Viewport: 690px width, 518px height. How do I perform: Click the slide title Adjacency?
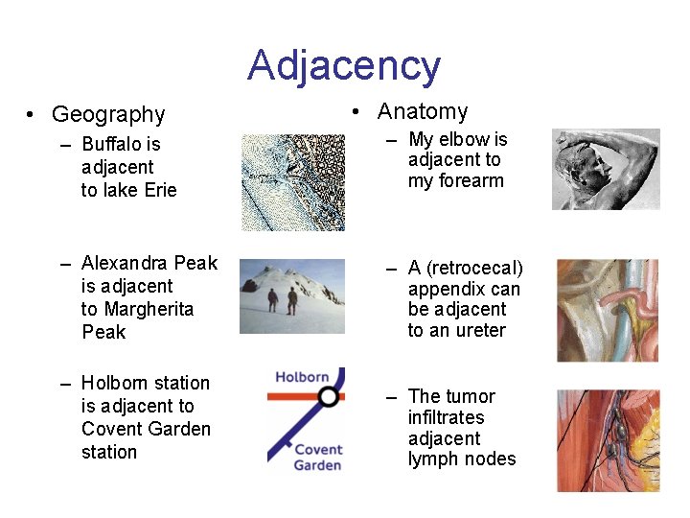[x=344, y=66]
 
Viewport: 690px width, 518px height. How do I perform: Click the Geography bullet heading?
[x=108, y=115]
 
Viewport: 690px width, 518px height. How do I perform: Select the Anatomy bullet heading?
[x=423, y=111]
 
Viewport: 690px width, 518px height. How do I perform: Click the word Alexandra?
[x=122, y=263]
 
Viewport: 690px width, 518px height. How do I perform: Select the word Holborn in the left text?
[x=116, y=383]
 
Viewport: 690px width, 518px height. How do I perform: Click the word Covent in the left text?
[x=109, y=429]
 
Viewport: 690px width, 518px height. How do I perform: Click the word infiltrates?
[x=446, y=418]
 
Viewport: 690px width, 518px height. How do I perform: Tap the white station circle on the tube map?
[x=329, y=395]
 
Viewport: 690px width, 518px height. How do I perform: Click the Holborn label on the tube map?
[x=302, y=377]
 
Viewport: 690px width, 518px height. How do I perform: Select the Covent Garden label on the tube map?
[x=317, y=457]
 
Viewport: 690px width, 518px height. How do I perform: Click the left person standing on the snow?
[x=273, y=300]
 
